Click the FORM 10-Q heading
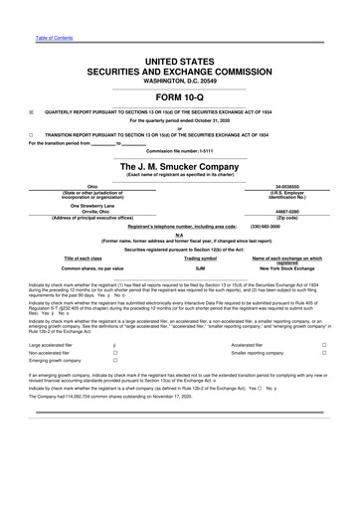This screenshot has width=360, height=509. point(179,96)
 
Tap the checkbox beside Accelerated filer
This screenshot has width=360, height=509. point(324,343)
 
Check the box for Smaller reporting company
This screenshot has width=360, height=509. point(324,353)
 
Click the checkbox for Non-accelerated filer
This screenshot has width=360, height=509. point(115,353)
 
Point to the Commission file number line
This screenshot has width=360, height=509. point(179,150)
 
